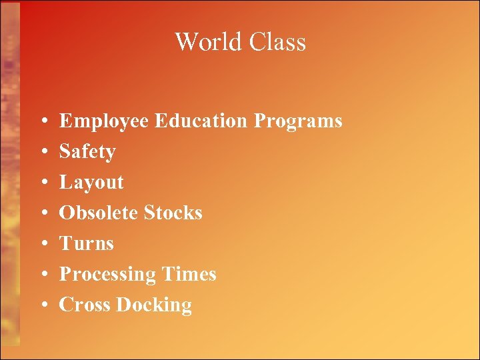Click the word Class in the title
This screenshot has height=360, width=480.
277,42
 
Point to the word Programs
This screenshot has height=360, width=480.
298,122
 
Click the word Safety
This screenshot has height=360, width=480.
87,153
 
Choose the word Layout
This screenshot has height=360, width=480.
91,183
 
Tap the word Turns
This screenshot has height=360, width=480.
87,243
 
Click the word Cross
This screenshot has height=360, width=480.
85,305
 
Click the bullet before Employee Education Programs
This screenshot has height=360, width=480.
43,122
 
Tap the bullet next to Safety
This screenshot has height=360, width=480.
43,153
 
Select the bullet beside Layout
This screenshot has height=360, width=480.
43,183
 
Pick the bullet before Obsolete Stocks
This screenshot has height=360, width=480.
43,214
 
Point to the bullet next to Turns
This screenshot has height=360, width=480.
43,245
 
